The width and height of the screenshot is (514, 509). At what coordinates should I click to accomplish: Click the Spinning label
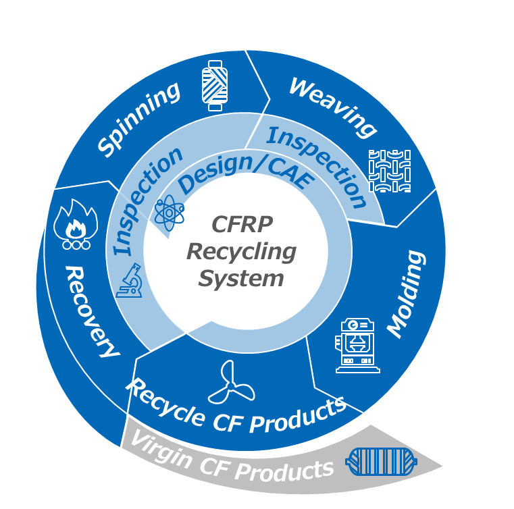pyautogui.click(x=138, y=119)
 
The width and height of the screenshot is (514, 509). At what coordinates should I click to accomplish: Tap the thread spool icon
pyautogui.click(x=215, y=86)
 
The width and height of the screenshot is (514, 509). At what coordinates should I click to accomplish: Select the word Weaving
pyautogui.click(x=333, y=107)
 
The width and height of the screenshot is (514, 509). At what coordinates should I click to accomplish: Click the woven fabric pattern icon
pyautogui.click(x=390, y=171)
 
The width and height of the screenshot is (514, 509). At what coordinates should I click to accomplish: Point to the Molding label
pyautogui.click(x=407, y=294)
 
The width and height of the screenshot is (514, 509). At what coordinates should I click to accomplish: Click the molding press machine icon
pyautogui.click(x=357, y=346)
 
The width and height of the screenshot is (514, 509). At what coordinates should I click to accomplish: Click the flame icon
pyautogui.click(x=76, y=224)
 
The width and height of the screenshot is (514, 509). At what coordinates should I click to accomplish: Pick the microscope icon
pyautogui.click(x=130, y=280)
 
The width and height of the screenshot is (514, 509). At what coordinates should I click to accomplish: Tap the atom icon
pyautogui.click(x=169, y=213)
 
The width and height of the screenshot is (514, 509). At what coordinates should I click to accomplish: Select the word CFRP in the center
pyautogui.click(x=242, y=224)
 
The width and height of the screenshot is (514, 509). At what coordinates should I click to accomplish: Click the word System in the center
pyautogui.click(x=241, y=279)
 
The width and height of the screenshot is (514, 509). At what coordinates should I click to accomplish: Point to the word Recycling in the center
pyautogui.click(x=241, y=252)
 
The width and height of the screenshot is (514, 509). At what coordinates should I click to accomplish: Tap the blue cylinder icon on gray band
pyautogui.click(x=381, y=462)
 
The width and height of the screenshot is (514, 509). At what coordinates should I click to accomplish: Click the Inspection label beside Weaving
pyautogui.click(x=316, y=166)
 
